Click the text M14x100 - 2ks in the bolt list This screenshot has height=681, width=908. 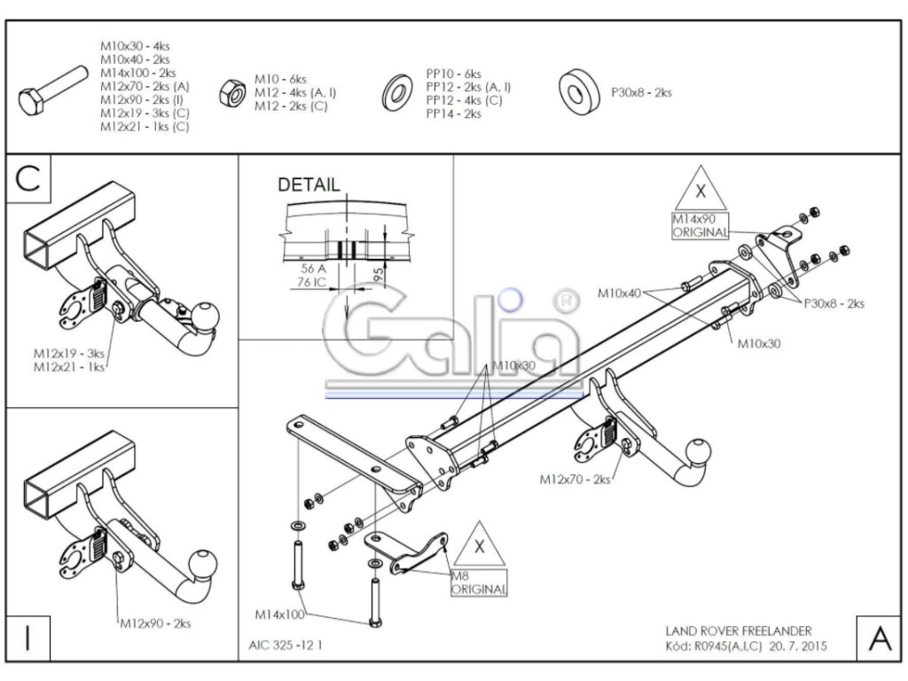(x=137, y=73)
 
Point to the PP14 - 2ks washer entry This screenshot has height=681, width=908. (x=453, y=114)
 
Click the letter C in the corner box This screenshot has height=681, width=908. (x=28, y=178)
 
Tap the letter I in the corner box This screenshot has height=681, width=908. (x=28, y=639)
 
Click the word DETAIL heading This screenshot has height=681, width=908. (x=309, y=185)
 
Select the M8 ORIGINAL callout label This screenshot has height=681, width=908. (x=479, y=582)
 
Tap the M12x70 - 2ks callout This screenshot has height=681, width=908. (x=575, y=479)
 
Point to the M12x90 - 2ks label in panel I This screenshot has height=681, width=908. (x=155, y=623)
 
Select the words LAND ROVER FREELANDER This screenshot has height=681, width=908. (x=738, y=630)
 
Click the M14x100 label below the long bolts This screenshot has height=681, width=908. (x=280, y=613)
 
